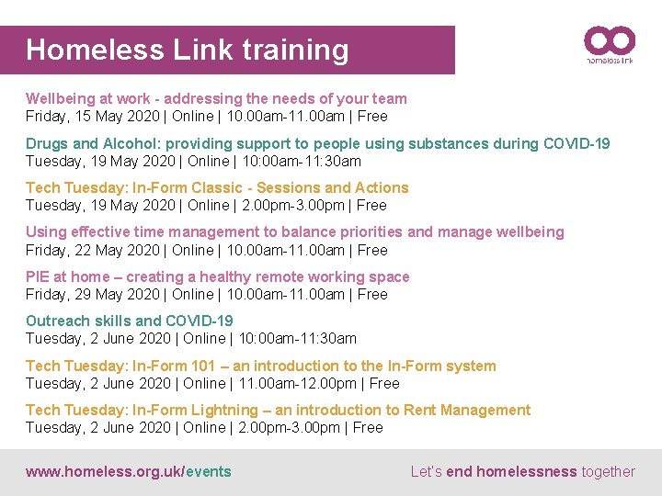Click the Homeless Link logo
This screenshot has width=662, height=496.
[609, 44]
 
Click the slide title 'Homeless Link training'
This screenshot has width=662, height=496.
[188, 50]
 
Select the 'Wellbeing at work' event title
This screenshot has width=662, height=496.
[216, 98]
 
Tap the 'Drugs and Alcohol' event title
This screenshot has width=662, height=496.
[317, 143]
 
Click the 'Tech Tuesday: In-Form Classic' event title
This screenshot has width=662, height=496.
[217, 187]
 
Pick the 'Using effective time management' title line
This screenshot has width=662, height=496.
[294, 232]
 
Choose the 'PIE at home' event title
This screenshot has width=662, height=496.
[218, 276]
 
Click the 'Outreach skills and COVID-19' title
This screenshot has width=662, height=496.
[130, 321]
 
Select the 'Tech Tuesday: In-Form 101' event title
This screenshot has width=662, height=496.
[260, 366]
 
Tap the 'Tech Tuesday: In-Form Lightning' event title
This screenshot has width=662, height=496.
[278, 410]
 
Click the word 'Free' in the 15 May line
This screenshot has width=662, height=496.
[372, 117]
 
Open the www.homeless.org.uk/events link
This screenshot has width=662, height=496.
[129, 472]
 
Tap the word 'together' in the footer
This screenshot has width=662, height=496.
[608, 472]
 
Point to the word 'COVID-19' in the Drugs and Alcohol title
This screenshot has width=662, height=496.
[576, 143]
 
